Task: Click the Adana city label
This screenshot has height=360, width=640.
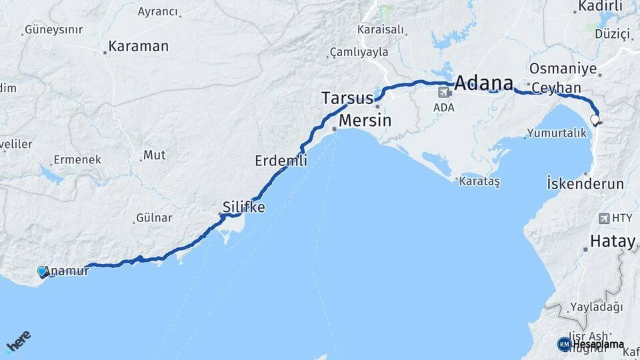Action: point(484,84)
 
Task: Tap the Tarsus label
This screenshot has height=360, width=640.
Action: point(347,98)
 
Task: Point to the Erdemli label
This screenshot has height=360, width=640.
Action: point(281,161)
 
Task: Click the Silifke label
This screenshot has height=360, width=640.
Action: point(244,207)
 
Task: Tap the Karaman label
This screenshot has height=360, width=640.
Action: point(138,47)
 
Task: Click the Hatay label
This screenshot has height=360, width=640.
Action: point(613,241)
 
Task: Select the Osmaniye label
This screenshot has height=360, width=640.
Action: point(558,69)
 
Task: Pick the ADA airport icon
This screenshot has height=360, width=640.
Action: point(443,91)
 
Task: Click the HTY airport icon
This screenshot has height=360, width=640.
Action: point(604,218)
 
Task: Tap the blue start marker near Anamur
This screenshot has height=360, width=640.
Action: point(43,271)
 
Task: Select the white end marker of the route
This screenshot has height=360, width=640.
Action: point(595,121)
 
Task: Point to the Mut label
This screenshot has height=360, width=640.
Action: point(154,155)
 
